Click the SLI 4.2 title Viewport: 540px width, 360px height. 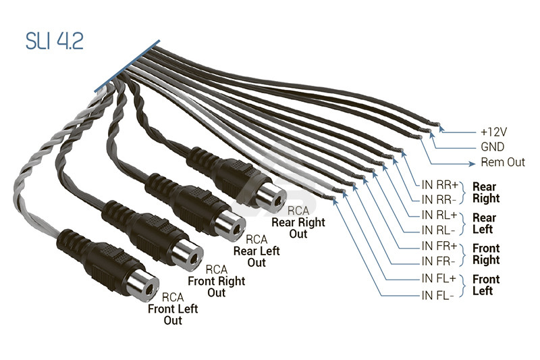click(55, 42)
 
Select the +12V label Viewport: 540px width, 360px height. click(494, 132)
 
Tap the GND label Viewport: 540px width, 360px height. click(493, 147)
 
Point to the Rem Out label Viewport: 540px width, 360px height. click(503, 162)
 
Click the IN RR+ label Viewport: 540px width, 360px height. click(440, 185)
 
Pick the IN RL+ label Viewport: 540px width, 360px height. click(439, 215)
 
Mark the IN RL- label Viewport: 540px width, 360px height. click(438, 230)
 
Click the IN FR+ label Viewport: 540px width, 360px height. click(439, 246)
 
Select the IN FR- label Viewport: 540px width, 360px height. click(438, 261)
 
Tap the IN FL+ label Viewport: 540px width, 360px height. click(439, 278)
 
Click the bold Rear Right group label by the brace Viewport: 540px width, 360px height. click(486, 192)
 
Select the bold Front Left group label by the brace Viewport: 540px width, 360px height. click(486, 285)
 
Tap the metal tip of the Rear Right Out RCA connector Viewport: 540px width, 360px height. click(271, 197)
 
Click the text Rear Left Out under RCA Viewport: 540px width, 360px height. click(256, 257)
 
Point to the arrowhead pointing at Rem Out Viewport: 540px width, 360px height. click(472, 164)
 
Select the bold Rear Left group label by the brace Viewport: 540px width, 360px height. click(484, 224)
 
